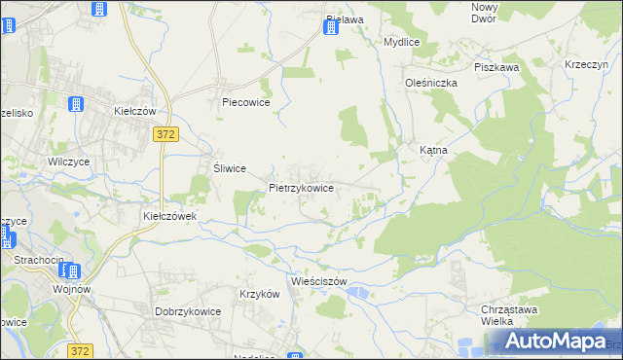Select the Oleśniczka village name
point(431,83)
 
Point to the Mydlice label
point(401,43)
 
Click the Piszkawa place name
point(496,67)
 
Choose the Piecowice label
point(245,101)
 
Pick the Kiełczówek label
point(170,216)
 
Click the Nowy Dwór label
point(483,13)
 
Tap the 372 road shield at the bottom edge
point(82,349)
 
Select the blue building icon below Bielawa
point(330,28)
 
